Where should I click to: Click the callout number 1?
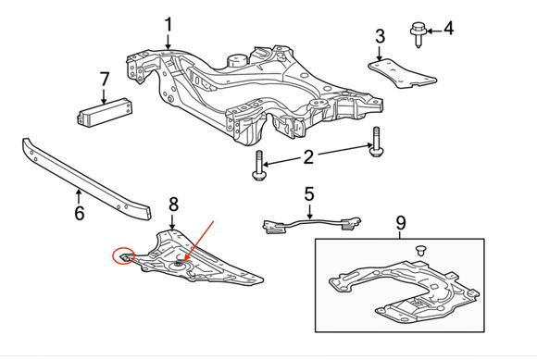(x=168, y=25)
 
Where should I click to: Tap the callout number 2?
(x=308, y=157)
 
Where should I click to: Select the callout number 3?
(x=381, y=36)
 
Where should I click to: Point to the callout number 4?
(x=448, y=29)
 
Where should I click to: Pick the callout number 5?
(x=309, y=193)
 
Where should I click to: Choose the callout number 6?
(x=79, y=213)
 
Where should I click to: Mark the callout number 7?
(x=104, y=79)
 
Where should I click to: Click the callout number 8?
(x=174, y=205)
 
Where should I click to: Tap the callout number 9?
(x=401, y=222)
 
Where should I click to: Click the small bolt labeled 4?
(x=418, y=34)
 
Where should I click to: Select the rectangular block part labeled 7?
(x=105, y=112)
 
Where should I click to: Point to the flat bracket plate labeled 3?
(x=403, y=74)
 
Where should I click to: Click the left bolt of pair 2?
(x=258, y=165)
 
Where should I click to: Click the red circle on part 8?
(x=124, y=255)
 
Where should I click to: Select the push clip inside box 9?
(x=421, y=250)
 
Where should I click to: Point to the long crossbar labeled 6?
(x=85, y=179)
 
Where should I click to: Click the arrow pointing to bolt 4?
(x=434, y=31)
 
